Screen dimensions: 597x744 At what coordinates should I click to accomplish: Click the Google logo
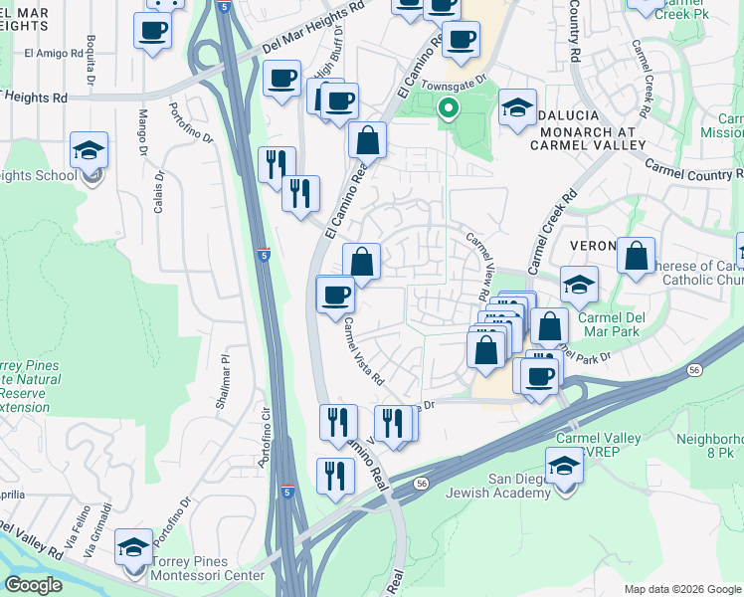(x=33, y=585)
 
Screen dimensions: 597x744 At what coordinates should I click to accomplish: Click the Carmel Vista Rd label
(x=364, y=350)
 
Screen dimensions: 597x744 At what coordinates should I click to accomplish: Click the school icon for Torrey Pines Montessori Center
(x=133, y=547)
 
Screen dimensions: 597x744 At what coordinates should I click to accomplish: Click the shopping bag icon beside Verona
(x=636, y=256)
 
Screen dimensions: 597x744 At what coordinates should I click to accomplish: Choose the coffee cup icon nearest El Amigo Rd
(x=151, y=31)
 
